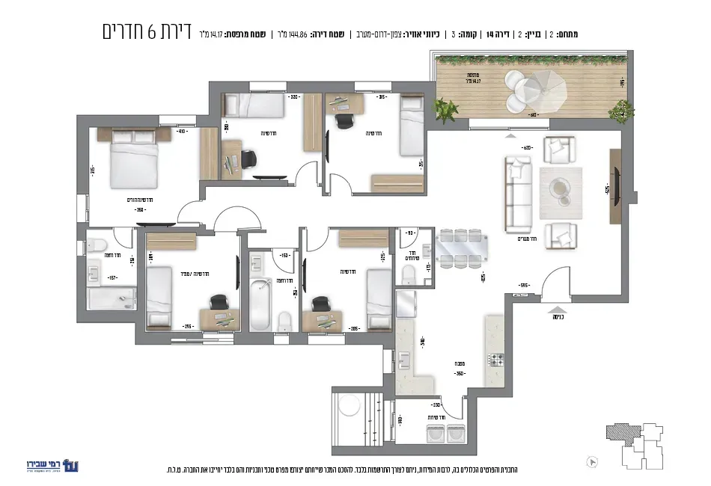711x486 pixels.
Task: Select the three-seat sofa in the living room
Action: tap(517, 193)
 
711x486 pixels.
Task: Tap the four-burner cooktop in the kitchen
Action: tap(495, 358)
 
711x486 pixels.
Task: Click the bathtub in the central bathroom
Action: tap(259, 303)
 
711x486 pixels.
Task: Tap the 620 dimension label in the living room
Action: tap(527, 148)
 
